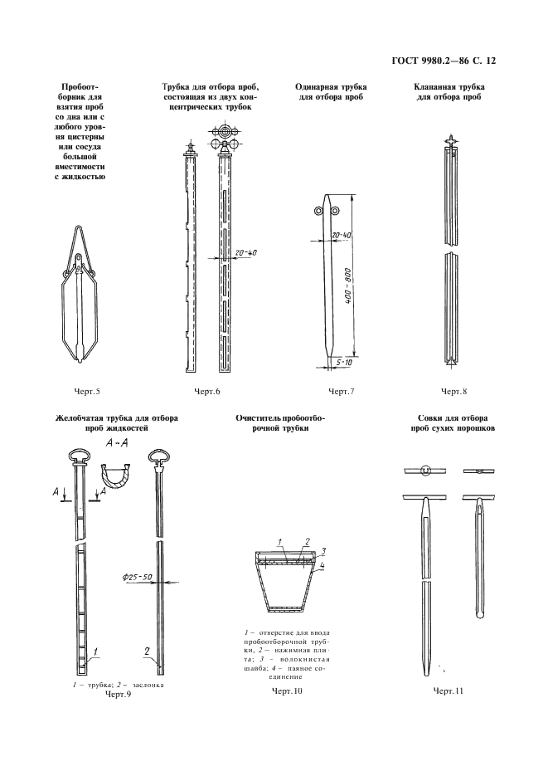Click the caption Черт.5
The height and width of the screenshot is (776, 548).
85,390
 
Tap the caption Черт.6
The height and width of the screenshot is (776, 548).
207,390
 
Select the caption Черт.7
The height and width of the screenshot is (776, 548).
341,390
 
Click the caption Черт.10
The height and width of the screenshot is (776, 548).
287,690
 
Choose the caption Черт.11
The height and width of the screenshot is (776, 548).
449,690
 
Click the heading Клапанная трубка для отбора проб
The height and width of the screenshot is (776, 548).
449,91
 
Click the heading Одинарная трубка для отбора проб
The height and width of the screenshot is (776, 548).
331,91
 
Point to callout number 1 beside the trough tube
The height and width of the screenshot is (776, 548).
97,652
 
